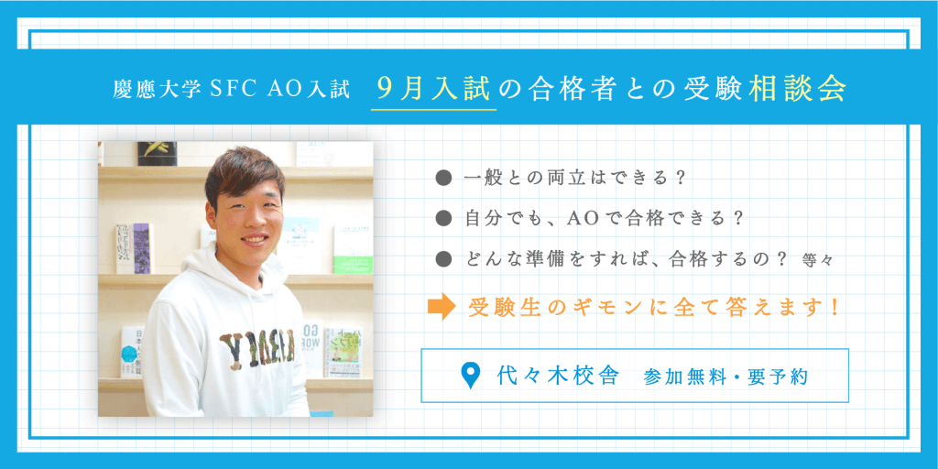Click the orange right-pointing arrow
(442, 307)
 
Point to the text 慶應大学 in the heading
(158, 90)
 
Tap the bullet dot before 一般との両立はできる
(444, 178)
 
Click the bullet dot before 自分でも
(444, 218)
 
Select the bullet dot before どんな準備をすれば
(444, 258)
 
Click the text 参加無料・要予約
(726, 376)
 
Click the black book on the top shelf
(158, 154)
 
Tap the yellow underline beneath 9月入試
(433, 110)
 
